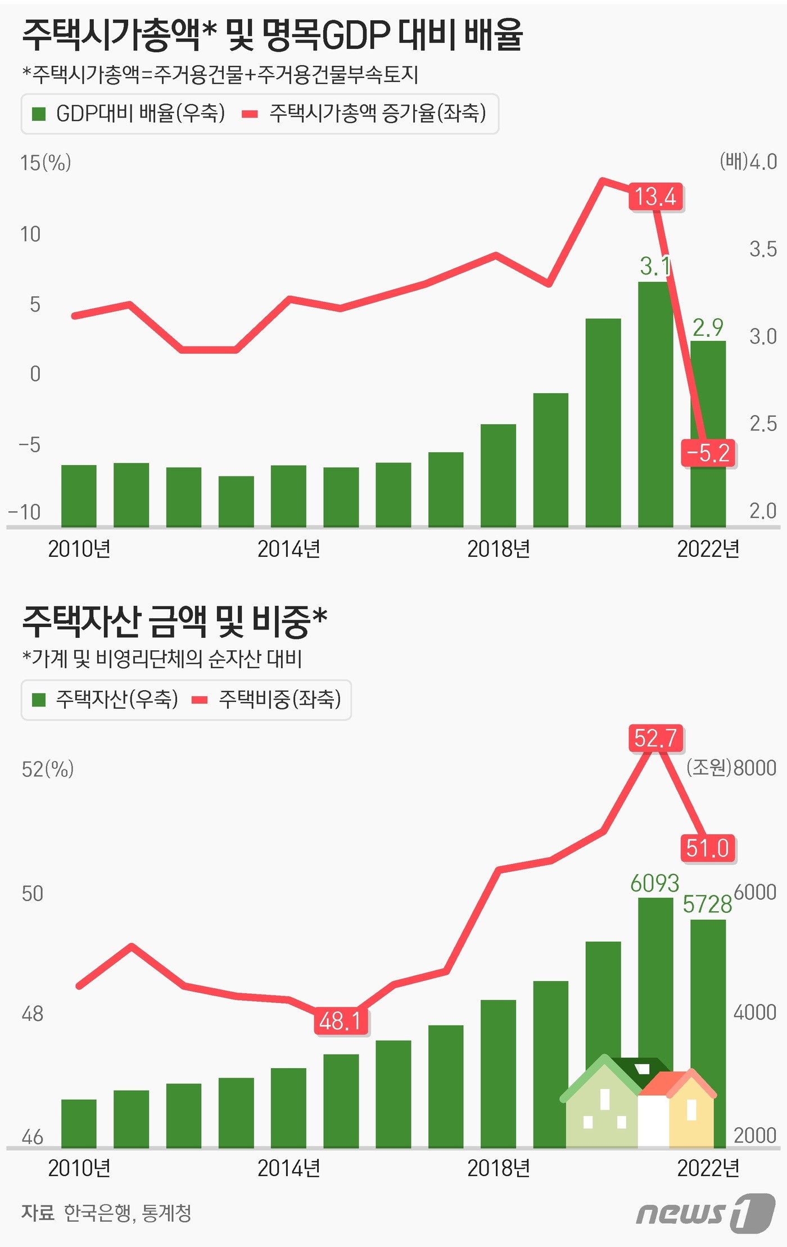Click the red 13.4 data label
[655, 197]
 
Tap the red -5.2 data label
[708, 453]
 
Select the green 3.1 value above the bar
[655, 267]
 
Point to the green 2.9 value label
[708, 327]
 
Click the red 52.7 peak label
[655, 738]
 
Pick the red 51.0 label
[708, 848]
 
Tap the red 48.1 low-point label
[341, 1021]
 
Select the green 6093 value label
[654, 883]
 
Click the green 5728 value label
[707, 904]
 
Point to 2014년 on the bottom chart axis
[288, 1168]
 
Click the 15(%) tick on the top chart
[46, 163]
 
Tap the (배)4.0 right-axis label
[748, 162]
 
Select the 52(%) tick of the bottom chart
[48, 769]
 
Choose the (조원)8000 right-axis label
[731, 768]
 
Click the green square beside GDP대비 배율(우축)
[39, 114]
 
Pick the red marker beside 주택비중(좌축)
[200, 700]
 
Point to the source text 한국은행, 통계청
[128, 1212]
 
